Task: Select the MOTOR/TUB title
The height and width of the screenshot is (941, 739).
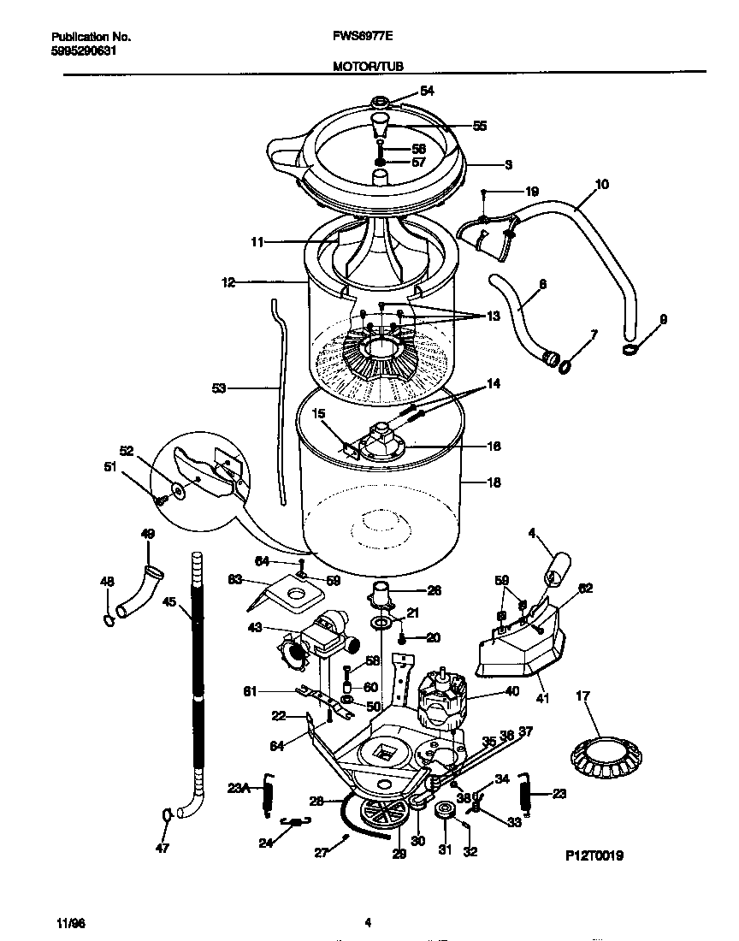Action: click(369, 65)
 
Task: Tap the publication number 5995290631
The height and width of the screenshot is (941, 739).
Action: click(84, 50)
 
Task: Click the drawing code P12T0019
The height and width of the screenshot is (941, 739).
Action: click(594, 855)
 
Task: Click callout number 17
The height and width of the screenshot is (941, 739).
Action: click(584, 697)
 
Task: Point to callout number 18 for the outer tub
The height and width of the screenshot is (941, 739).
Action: click(494, 482)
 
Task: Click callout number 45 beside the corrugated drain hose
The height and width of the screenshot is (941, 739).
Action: click(168, 601)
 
